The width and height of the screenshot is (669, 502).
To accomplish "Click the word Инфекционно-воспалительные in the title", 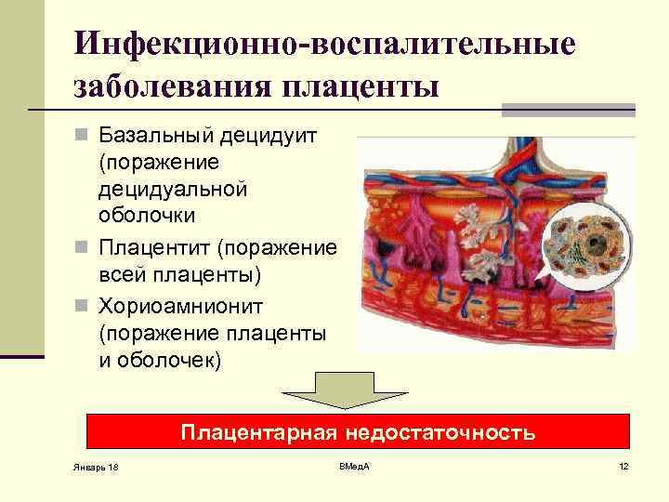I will pos(325,44).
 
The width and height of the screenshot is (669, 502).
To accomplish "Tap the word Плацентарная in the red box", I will pos(259,433).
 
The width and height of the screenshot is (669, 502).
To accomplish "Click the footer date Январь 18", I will pos(93,466).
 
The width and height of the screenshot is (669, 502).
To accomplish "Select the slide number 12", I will pos(623,465).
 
